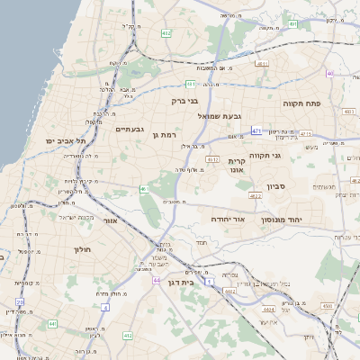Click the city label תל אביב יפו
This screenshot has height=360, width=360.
62,141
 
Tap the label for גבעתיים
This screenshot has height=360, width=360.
130,129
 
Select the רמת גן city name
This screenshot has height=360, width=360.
157,133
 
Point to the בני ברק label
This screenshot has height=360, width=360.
184,101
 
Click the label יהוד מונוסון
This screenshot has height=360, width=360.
281,220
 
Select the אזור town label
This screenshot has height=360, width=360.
112,220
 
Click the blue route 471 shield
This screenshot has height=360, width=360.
256,130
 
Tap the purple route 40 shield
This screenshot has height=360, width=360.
330,73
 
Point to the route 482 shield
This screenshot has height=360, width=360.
166,32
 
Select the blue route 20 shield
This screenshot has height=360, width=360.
20,264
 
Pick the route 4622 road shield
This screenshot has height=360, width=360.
256,195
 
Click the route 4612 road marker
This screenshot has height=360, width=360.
212,159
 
